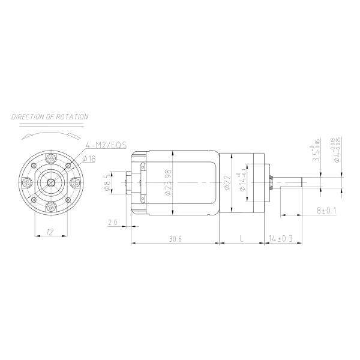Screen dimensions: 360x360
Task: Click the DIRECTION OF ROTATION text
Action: pyautogui.click(x=50, y=117)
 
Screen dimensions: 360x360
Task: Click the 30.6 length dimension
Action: pyautogui.click(x=175, y=238)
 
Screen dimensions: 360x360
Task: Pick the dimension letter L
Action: pyautogui.click(x=241, y=238)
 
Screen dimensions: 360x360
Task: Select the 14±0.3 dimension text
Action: pyautogui.click(x=281, y=238)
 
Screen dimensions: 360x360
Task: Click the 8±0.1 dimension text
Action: pyautogui.click(x=327, y=211)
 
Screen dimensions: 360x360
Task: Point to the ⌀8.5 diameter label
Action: pyautogui.click(x=106, y=182)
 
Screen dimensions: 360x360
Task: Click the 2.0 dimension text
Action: pyautogui.click(x=112, y=223)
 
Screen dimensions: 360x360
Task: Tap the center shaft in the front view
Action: pyautogui.click(x=52, y=182)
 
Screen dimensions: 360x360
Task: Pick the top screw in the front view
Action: pyautogui.click(x=52, y=158)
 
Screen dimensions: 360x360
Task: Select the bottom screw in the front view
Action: pyautogui.click(x=52, y=206)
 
